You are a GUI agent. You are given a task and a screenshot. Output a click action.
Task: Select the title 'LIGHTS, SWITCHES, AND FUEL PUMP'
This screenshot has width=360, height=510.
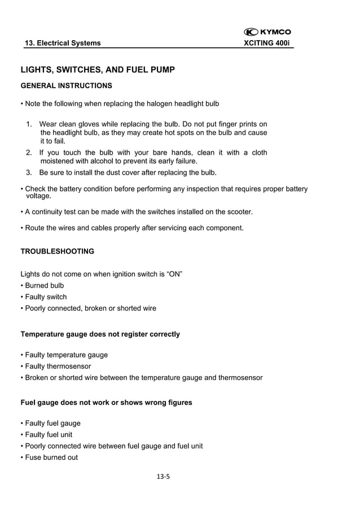pyautogui.click(x=98, y=69)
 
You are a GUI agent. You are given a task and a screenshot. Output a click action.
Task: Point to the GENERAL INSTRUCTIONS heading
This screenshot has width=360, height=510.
pyautogui.click(x=66, y=86)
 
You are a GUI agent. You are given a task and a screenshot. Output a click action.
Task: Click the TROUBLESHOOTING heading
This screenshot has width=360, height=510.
pyautogui.click(x=57, y=251)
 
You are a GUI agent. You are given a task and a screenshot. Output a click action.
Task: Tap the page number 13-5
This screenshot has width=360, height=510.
pyautogui.click(x=164, y=477)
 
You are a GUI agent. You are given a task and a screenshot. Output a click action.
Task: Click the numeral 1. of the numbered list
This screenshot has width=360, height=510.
pyautogui.click(x=29, y=124)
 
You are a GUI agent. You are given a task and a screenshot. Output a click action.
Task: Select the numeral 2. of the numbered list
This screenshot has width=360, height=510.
pyautogui.click(x=29, y=152)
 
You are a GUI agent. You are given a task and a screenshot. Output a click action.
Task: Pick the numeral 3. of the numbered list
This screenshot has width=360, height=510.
pyautogui.click(x=29, y=172)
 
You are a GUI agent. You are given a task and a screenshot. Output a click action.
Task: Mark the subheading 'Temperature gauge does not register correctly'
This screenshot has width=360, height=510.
pyautogui.click(x=100, y=334)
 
